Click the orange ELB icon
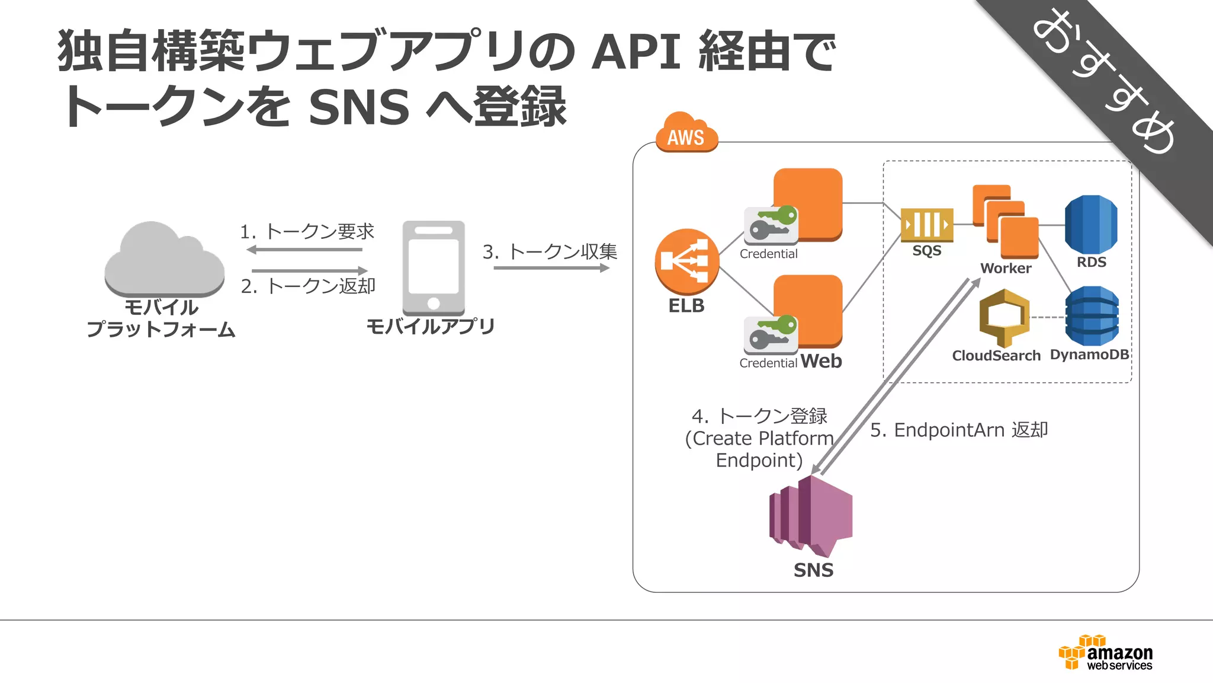[x=686, y=261]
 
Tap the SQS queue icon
[x=927, y=225]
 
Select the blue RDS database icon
[x=1091, y=225]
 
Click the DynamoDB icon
[x=1092, y=316]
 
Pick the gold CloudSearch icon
[x=1004, y=317]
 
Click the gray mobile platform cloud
[x=164, y=261]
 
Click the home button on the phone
[x=434, y=304]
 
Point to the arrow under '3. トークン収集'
[x=551, y=268]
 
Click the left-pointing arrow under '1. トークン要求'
[x=304, y=250]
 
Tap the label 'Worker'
[x=1006, y=269]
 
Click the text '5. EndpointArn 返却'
[x=959, y=430]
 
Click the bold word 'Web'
[x=821, y=361]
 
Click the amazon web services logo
[x=1106, y=653]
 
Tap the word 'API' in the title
[x=636, y=52]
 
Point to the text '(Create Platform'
[x=759, y=439]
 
